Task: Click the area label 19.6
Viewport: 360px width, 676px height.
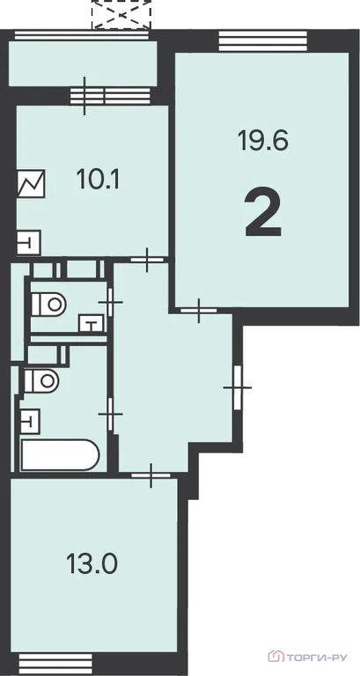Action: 262,141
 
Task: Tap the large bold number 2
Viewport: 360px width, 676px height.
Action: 263,215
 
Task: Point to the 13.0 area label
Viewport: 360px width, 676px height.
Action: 92,563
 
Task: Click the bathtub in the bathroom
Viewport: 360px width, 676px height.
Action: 61,455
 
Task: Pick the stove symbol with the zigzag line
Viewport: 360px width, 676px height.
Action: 31,184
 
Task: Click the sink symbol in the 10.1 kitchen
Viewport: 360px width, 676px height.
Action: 29,242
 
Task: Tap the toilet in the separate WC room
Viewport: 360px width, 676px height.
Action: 48,305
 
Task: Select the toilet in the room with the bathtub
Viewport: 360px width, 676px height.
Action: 41,380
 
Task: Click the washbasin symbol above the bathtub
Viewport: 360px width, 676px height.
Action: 30,422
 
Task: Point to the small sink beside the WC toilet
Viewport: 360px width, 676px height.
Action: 92,323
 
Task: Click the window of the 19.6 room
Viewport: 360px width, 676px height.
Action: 263,41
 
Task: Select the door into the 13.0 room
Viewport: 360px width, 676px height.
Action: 151,475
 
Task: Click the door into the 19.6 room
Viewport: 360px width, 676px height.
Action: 198,311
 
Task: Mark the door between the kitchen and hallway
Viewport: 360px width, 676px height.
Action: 148,260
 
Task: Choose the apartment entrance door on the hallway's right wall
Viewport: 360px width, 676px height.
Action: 238,387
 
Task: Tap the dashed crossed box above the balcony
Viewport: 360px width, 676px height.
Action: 121,15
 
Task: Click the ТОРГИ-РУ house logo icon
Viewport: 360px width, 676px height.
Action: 276,657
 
